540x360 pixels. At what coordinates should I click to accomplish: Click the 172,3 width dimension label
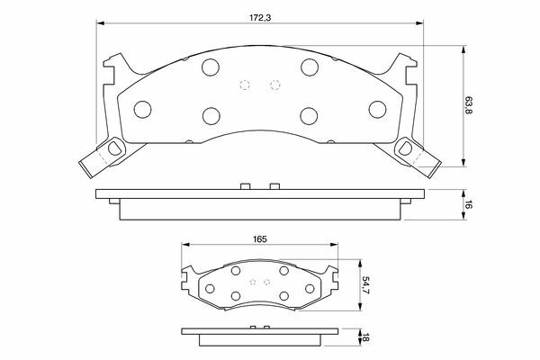[x=260, y=18]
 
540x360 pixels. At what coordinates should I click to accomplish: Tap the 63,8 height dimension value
[x=468, y=106]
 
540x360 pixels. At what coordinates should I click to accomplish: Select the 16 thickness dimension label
[x=468, y=204]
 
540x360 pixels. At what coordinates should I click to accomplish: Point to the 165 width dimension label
[x=260, y=239]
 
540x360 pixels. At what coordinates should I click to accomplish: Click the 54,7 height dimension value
[x=364, y=284]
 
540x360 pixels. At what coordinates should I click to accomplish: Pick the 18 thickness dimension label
[x=365, y=337]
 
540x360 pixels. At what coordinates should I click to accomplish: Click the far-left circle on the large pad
[x=142, y=110]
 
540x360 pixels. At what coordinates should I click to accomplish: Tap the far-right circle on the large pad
[x=377, y=110]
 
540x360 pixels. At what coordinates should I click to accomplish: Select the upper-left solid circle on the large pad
[x=211, y=67]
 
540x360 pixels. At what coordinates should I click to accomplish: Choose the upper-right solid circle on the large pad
[x=310, y=67]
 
